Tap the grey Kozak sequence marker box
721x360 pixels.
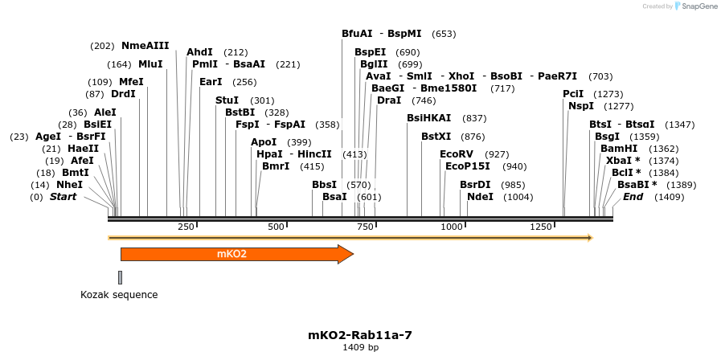pos(120,277)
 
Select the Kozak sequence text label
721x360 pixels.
pos(119,295)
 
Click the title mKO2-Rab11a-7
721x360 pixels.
pos(360,334)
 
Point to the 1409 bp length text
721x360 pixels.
pos(360,347)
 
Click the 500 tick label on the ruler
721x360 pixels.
pos(276,227)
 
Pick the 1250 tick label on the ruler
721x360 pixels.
pos(541,227)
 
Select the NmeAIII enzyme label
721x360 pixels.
pos(145,46)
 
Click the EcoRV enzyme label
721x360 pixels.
pos(457,153)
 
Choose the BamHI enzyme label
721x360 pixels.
pos(618,149)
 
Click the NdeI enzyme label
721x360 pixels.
pos(480,197)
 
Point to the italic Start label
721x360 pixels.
pos(63,197)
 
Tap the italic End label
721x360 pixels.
pos(633,197)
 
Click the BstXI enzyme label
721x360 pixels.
pos(436,137)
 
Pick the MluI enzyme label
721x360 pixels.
pos(150,64)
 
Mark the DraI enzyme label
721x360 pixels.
pos(389,100)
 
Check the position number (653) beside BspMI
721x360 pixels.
pos(444,34)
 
